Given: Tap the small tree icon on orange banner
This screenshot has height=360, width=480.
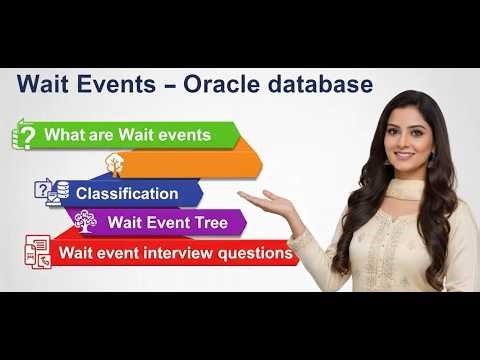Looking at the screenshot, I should [x=115, y=163].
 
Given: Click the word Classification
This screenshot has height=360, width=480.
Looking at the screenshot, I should [x=127, y=193].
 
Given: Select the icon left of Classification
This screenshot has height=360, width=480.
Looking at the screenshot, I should [x=51, y=192].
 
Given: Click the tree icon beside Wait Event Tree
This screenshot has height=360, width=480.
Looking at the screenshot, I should [x=85, y=222].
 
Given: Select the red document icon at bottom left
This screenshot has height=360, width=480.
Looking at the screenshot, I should [x=38, y=252].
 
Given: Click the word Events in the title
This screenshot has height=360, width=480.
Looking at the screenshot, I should [x=113, y=85].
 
